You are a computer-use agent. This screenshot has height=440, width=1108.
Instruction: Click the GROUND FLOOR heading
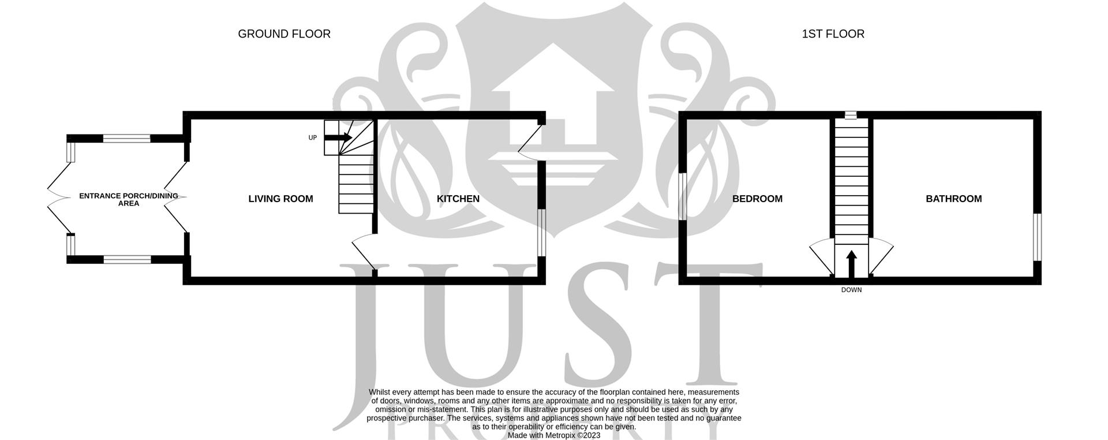tap(284, 34)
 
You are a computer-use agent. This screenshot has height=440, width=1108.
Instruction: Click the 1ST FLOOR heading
tap(833, 34)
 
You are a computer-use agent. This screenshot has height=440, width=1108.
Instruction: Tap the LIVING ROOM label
tap(280, 199)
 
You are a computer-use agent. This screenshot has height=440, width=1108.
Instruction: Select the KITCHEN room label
tap(458, 199)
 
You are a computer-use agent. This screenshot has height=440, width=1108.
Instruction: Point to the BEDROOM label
tap(757, 199)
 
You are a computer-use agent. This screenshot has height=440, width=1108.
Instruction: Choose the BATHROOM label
tap(953, 199)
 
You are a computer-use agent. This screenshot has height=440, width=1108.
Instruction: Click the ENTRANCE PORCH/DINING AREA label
tap(128, 200)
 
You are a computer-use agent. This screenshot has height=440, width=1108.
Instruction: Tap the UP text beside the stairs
tap(313, 138)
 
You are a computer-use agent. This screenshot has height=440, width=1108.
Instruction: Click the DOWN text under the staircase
tap(851, 290)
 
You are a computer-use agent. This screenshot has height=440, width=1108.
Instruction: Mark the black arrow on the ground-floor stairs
tap(338, 137)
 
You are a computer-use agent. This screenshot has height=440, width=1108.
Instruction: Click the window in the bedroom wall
tap(682, 196)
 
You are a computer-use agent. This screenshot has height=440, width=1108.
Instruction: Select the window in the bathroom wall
tap(1037, 237)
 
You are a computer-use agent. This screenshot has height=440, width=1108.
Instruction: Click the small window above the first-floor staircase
tap(851, 115)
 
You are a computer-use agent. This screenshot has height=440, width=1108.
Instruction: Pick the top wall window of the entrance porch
tap(127, 138)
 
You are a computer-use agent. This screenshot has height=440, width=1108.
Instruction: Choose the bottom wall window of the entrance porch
tap(127, 259)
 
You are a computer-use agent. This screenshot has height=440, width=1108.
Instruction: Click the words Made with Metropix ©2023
tap(553, 435)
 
